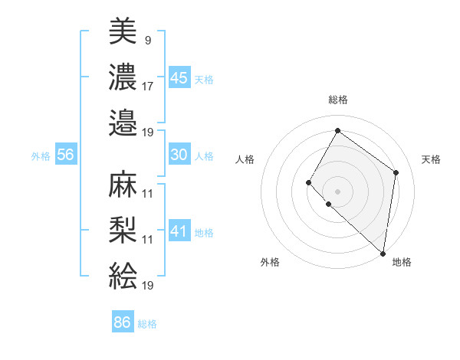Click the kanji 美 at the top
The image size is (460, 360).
pos(123,32)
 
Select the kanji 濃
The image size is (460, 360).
pos(123,77)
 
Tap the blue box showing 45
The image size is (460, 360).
pos(179,77)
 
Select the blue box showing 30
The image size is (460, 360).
pos(179,155)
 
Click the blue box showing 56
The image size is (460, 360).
pos(65,155)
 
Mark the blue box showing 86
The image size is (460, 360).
pos(123,322)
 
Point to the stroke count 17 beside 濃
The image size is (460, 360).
pos(148,86)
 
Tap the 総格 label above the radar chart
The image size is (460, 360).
pos(337,100)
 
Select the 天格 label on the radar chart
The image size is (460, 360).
pos(431,159)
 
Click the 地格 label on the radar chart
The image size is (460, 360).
pos(402,262)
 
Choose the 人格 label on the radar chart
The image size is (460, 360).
pos(245,159)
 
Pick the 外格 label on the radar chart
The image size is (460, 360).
pos(270,262)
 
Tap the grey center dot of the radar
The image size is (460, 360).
pos(337,191)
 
